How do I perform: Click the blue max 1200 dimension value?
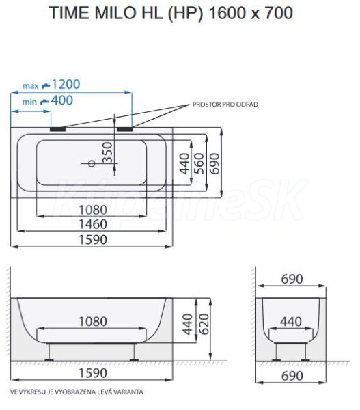click(x=66, y=84)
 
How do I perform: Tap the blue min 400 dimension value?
click(x=62, y=100)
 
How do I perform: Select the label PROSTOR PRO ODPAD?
click(x=225, y=105)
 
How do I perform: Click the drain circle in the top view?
click(x=92, y=164)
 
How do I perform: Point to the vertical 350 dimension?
click(x=107, y=152)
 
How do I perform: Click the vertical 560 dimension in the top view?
click(x=199, y=163)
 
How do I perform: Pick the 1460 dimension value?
click(x=93, y=224)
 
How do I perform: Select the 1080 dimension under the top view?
click(x=93, y=210)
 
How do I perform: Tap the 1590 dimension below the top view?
click(x=93, y=240)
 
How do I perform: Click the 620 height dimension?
click(x=204, y=324)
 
